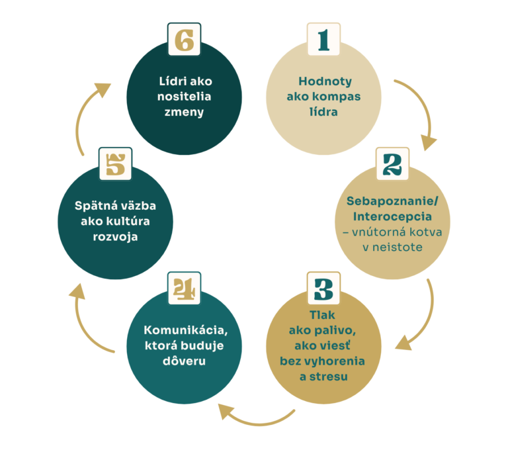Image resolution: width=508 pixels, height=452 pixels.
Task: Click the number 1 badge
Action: pos(323,39)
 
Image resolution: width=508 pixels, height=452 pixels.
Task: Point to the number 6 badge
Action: pos(185,39)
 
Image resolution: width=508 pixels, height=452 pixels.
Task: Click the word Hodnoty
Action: pos(323,82)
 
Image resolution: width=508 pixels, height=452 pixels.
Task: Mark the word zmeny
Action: pos(185,112)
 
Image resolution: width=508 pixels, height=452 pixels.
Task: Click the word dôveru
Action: pos(185,361)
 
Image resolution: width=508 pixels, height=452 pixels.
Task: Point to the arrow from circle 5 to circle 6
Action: pos(87,113)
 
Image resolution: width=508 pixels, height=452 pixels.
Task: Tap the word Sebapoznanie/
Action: pos(392,202)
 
